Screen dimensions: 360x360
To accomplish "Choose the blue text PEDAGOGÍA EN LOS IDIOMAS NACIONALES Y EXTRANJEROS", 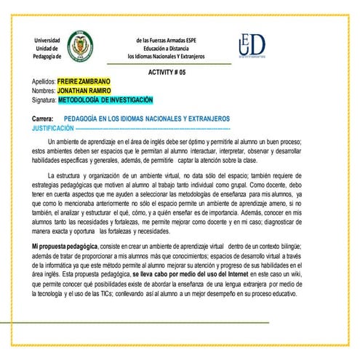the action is pyautogui.click(x=147, y=118).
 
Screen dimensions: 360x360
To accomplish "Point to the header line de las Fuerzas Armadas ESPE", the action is pyautogui.click(x=167, y=39).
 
